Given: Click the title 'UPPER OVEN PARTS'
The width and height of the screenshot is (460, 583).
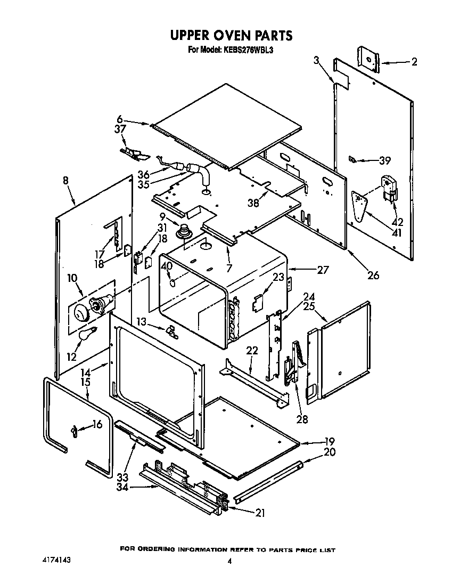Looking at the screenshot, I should [231, 36].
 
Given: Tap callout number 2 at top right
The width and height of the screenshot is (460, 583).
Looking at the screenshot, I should [414, 62].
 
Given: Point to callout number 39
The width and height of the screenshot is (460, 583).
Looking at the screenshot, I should [384, 160].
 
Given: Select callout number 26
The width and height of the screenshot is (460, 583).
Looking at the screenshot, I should [373, 275].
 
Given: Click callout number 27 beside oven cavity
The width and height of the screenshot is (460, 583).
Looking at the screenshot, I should [323, 270].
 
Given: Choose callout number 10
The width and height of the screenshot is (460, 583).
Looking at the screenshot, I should [72, 278].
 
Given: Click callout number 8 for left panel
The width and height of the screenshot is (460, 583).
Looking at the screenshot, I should [65, 181].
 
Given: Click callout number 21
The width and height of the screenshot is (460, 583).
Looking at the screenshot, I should [260, 513].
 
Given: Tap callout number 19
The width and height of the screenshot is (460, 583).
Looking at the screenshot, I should [330, 441].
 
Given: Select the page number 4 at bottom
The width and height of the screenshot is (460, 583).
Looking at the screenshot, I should [229, 561].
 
